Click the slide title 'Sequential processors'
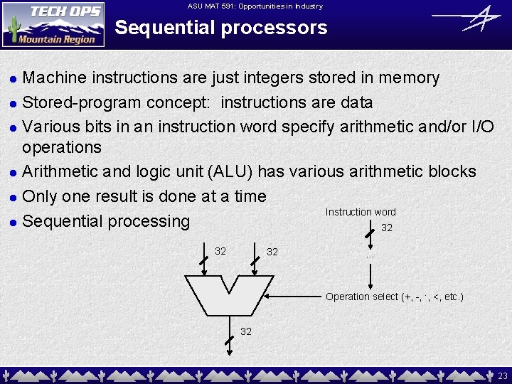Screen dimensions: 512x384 [x=221, y=28]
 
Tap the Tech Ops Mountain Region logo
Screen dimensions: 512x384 [x=53, y=24]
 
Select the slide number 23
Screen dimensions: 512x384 [x=503, y=375]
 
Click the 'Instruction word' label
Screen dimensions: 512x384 [x=361, y=212]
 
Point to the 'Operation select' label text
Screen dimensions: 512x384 [x=394, y=297]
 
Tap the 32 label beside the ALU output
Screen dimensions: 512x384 [x=246, y=331]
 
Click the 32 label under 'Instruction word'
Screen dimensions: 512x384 [x=387, y=228]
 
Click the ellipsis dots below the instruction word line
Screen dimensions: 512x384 [x=370, y=255]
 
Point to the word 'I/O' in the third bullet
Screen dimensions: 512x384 [x=483, y=127]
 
